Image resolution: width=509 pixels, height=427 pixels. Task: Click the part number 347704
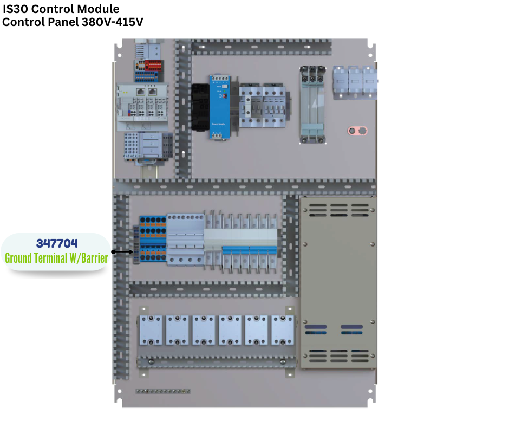pos(56,243)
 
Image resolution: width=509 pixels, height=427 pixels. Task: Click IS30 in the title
pos(15,9)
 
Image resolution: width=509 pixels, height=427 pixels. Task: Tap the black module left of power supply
pos(199,107)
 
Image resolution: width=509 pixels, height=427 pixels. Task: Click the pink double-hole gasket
pos(357,131)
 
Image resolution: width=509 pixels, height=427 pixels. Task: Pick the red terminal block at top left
pos(153,66)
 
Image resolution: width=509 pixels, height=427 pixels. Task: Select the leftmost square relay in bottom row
pos(151,330)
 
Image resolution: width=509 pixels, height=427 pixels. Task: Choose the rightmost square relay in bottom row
pos(283,330)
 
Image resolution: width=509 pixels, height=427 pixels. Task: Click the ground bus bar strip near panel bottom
pos(163,391)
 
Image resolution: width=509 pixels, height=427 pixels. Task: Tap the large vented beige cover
pos(338,282)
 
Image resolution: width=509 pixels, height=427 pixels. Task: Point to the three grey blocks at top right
pos(354,82)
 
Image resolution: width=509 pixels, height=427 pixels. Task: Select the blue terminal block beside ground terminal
pos(153,239)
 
